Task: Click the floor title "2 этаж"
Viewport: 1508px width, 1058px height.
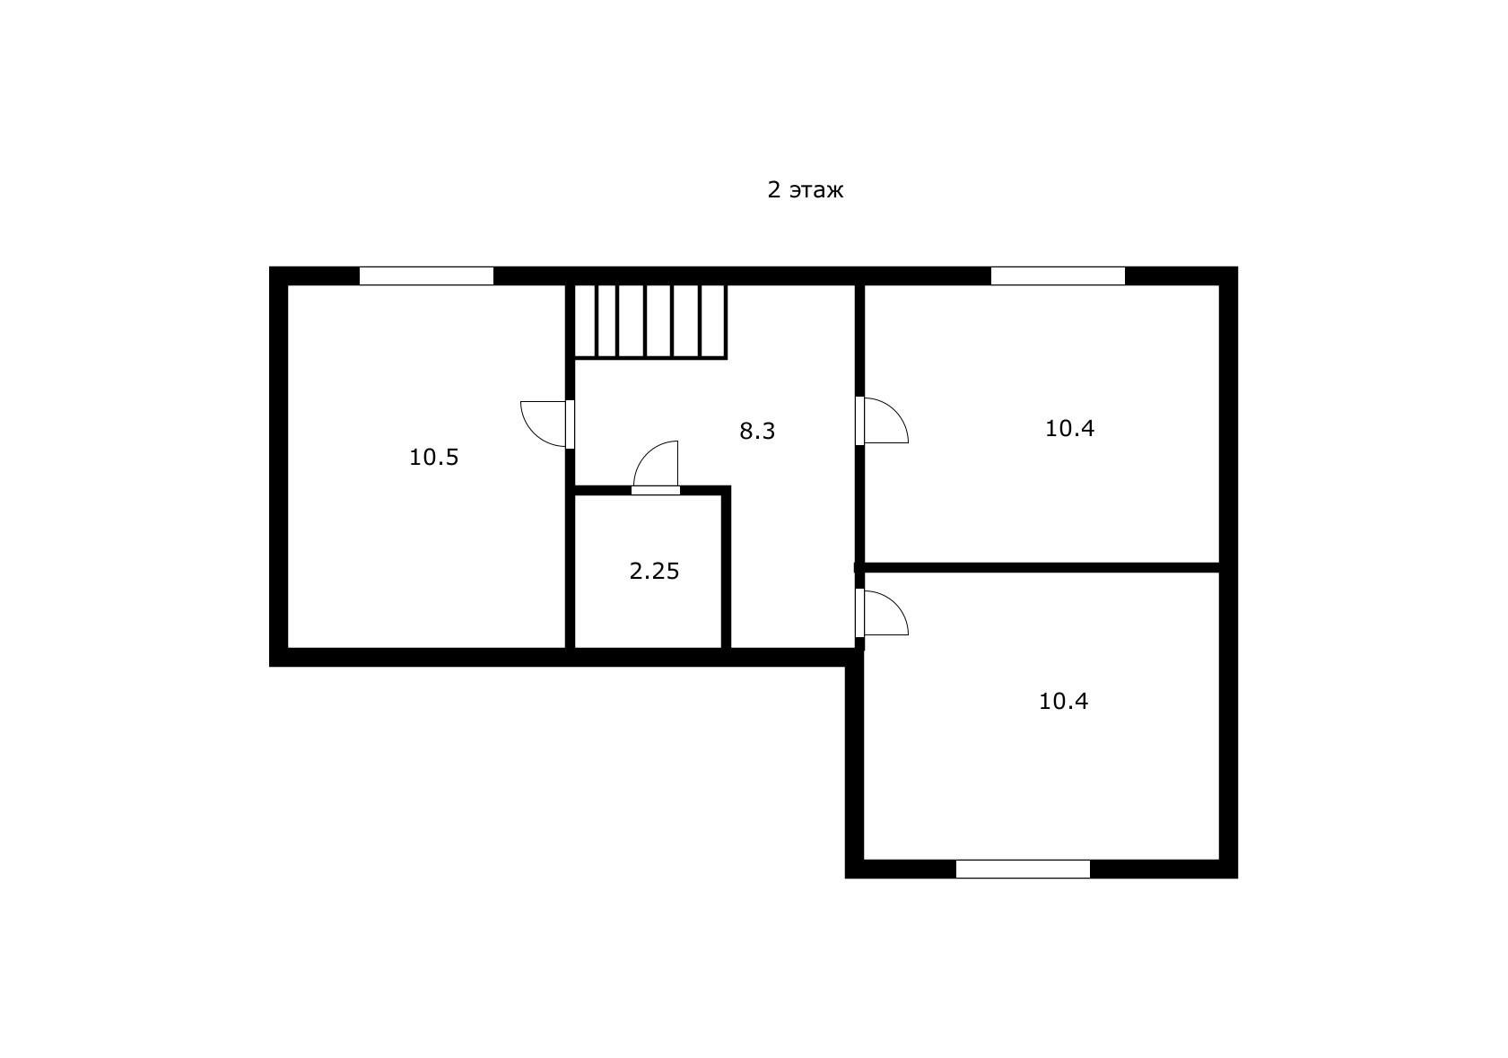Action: click(806, 190)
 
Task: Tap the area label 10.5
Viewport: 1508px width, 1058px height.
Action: click(434, 458)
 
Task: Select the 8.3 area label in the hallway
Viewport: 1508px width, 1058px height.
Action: click(757, 431)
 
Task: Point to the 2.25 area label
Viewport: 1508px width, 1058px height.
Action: click(654, 571)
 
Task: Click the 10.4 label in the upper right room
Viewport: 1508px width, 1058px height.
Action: click(1069, 428)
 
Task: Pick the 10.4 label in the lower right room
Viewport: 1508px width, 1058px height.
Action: click(1064, 702)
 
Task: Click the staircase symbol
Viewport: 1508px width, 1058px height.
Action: click(650, 321)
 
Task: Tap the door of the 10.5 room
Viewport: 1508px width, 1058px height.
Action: click(547, 424)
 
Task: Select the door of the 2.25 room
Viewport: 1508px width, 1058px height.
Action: click(656, 468)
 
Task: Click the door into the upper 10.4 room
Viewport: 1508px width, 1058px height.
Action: click(882, 420)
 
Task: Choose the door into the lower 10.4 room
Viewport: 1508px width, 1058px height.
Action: click(882, 613)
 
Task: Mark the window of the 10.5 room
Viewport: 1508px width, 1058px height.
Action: click(426, 276)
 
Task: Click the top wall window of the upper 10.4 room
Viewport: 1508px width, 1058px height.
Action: click(1058, 276)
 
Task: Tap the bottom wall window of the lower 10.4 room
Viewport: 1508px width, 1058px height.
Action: click(1023, 870)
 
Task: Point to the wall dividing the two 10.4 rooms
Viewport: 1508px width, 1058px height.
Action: click(1042, 568)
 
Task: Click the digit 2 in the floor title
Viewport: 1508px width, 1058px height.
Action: click(774, 190)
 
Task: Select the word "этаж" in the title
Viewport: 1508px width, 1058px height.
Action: click(816, 191)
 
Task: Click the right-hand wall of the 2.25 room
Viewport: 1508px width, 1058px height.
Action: click(727, 571)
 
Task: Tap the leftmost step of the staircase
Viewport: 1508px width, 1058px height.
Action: click(586, 321)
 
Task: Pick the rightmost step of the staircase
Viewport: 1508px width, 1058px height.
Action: click(713, 321)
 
